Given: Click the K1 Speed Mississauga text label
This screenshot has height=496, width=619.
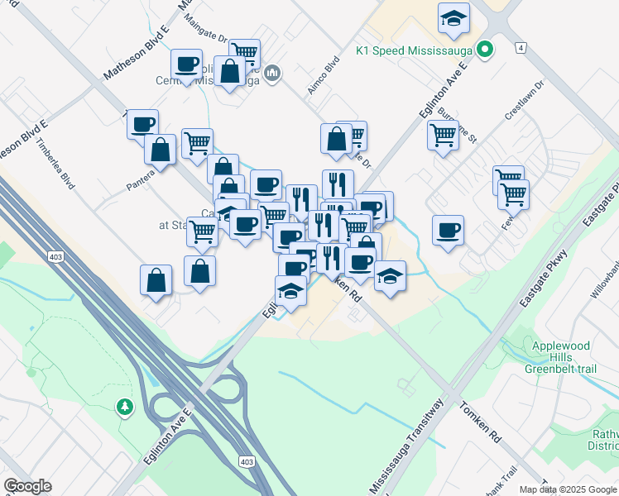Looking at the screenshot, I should coord(414,50).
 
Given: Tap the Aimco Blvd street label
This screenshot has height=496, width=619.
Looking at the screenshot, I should coord(324,75).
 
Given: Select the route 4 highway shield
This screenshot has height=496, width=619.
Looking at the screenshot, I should coord(521,47).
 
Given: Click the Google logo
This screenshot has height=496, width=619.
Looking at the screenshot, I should coord(27,486).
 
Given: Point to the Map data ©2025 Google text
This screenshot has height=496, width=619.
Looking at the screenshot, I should coord(569,489).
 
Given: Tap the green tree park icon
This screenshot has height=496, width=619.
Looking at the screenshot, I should coord(124,407).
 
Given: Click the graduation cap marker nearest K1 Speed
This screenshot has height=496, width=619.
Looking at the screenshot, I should coord(453,19).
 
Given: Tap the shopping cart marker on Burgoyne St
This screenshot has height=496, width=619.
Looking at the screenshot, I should coord(443,134).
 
